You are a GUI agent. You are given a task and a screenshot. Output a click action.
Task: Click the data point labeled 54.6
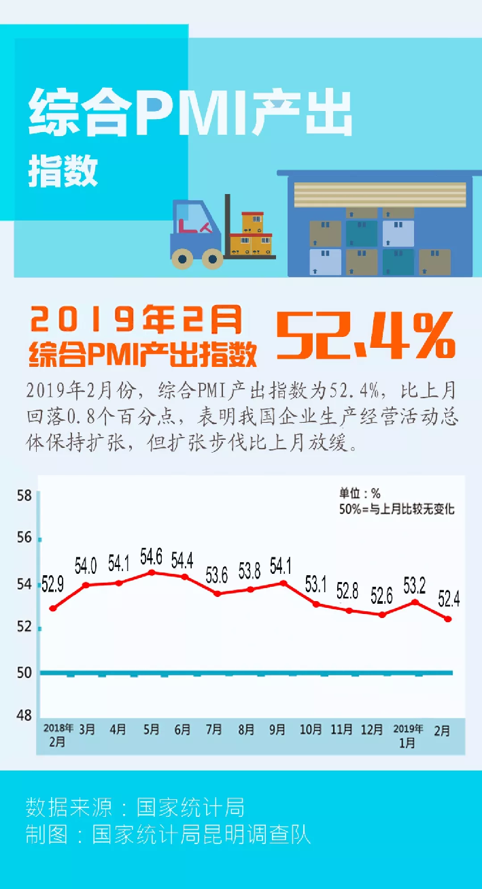click(152, 572)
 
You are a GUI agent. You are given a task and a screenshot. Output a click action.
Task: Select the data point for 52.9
click(52, 608)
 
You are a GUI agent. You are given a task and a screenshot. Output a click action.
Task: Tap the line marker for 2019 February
click(448, 619)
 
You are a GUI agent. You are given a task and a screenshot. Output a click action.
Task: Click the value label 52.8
click(347, 591)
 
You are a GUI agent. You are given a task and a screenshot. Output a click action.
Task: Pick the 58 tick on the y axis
click(24, 495)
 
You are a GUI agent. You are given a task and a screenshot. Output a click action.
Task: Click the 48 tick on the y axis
click(24, 715)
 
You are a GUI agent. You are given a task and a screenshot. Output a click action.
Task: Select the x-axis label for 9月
click(277, 730)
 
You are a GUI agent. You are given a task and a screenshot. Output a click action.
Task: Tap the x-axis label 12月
click(372, 730)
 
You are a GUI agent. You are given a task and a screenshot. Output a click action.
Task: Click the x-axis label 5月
click(151, 730)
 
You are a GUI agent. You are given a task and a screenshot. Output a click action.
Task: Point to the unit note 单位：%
click(360, 494)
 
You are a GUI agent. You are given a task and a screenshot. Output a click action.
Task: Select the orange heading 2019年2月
click(136, 318)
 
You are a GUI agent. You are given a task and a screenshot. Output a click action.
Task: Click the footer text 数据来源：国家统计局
click(135, 807)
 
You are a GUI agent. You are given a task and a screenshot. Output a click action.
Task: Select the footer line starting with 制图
click(168, 835)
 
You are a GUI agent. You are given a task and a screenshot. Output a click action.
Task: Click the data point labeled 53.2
click(415, 602)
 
